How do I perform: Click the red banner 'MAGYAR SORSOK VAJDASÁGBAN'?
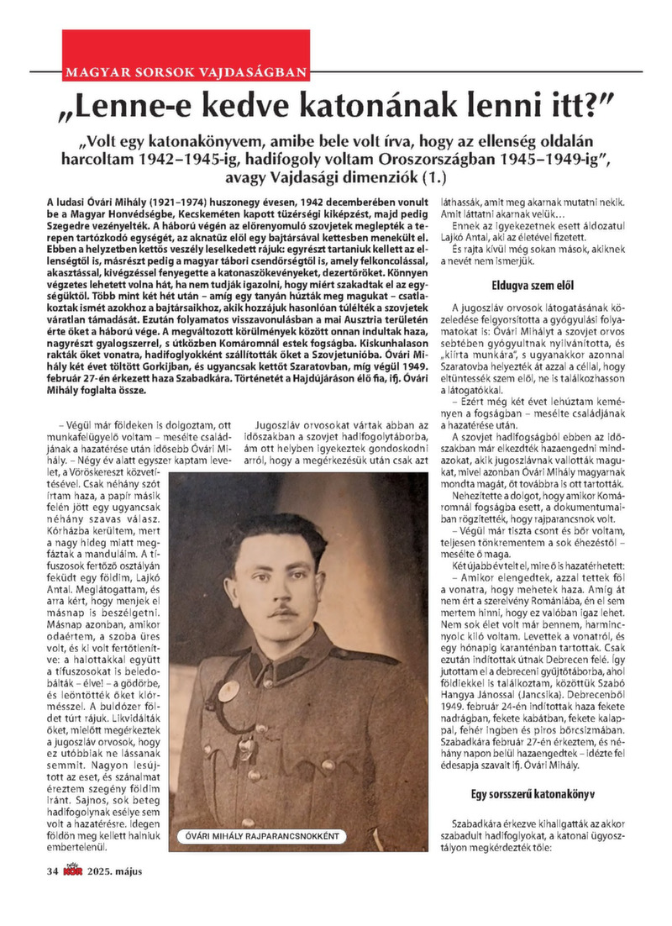186,71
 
